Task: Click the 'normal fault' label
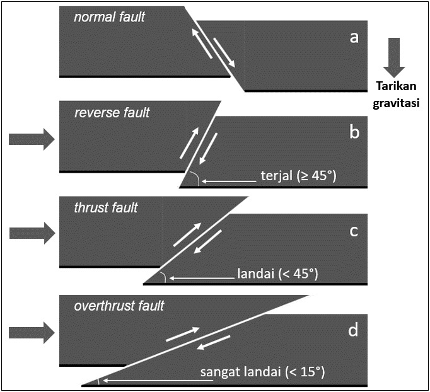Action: (109, 17)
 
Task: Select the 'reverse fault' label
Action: (112, 113)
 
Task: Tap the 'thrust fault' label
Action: (106, 207)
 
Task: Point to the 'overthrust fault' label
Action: (119, 306)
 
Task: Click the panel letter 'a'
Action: (354, 37)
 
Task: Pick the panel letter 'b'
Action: (354, 132)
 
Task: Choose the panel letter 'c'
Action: (354, 231)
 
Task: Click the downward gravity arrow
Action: (395, 57)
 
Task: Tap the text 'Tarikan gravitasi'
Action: (395, 94)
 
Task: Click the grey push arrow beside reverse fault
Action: (32, 139)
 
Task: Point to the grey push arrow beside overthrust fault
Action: (32, 332)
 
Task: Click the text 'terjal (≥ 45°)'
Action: (298, 176)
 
